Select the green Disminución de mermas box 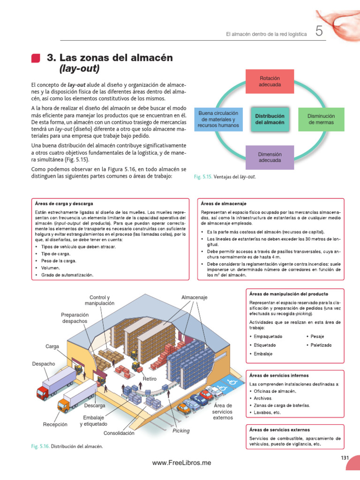pos(321,119)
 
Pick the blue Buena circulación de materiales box pos(218,119)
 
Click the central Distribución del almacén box pos(270,119)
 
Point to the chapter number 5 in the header pos(319,32)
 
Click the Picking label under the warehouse pos(181,430)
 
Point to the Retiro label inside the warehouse pos(150,378)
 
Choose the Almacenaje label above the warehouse pos(194,298)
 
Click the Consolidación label pos(119,433)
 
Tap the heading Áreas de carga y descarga pos(64,204)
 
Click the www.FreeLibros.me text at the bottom pos(182,463)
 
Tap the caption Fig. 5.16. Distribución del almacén pos(67,446)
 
